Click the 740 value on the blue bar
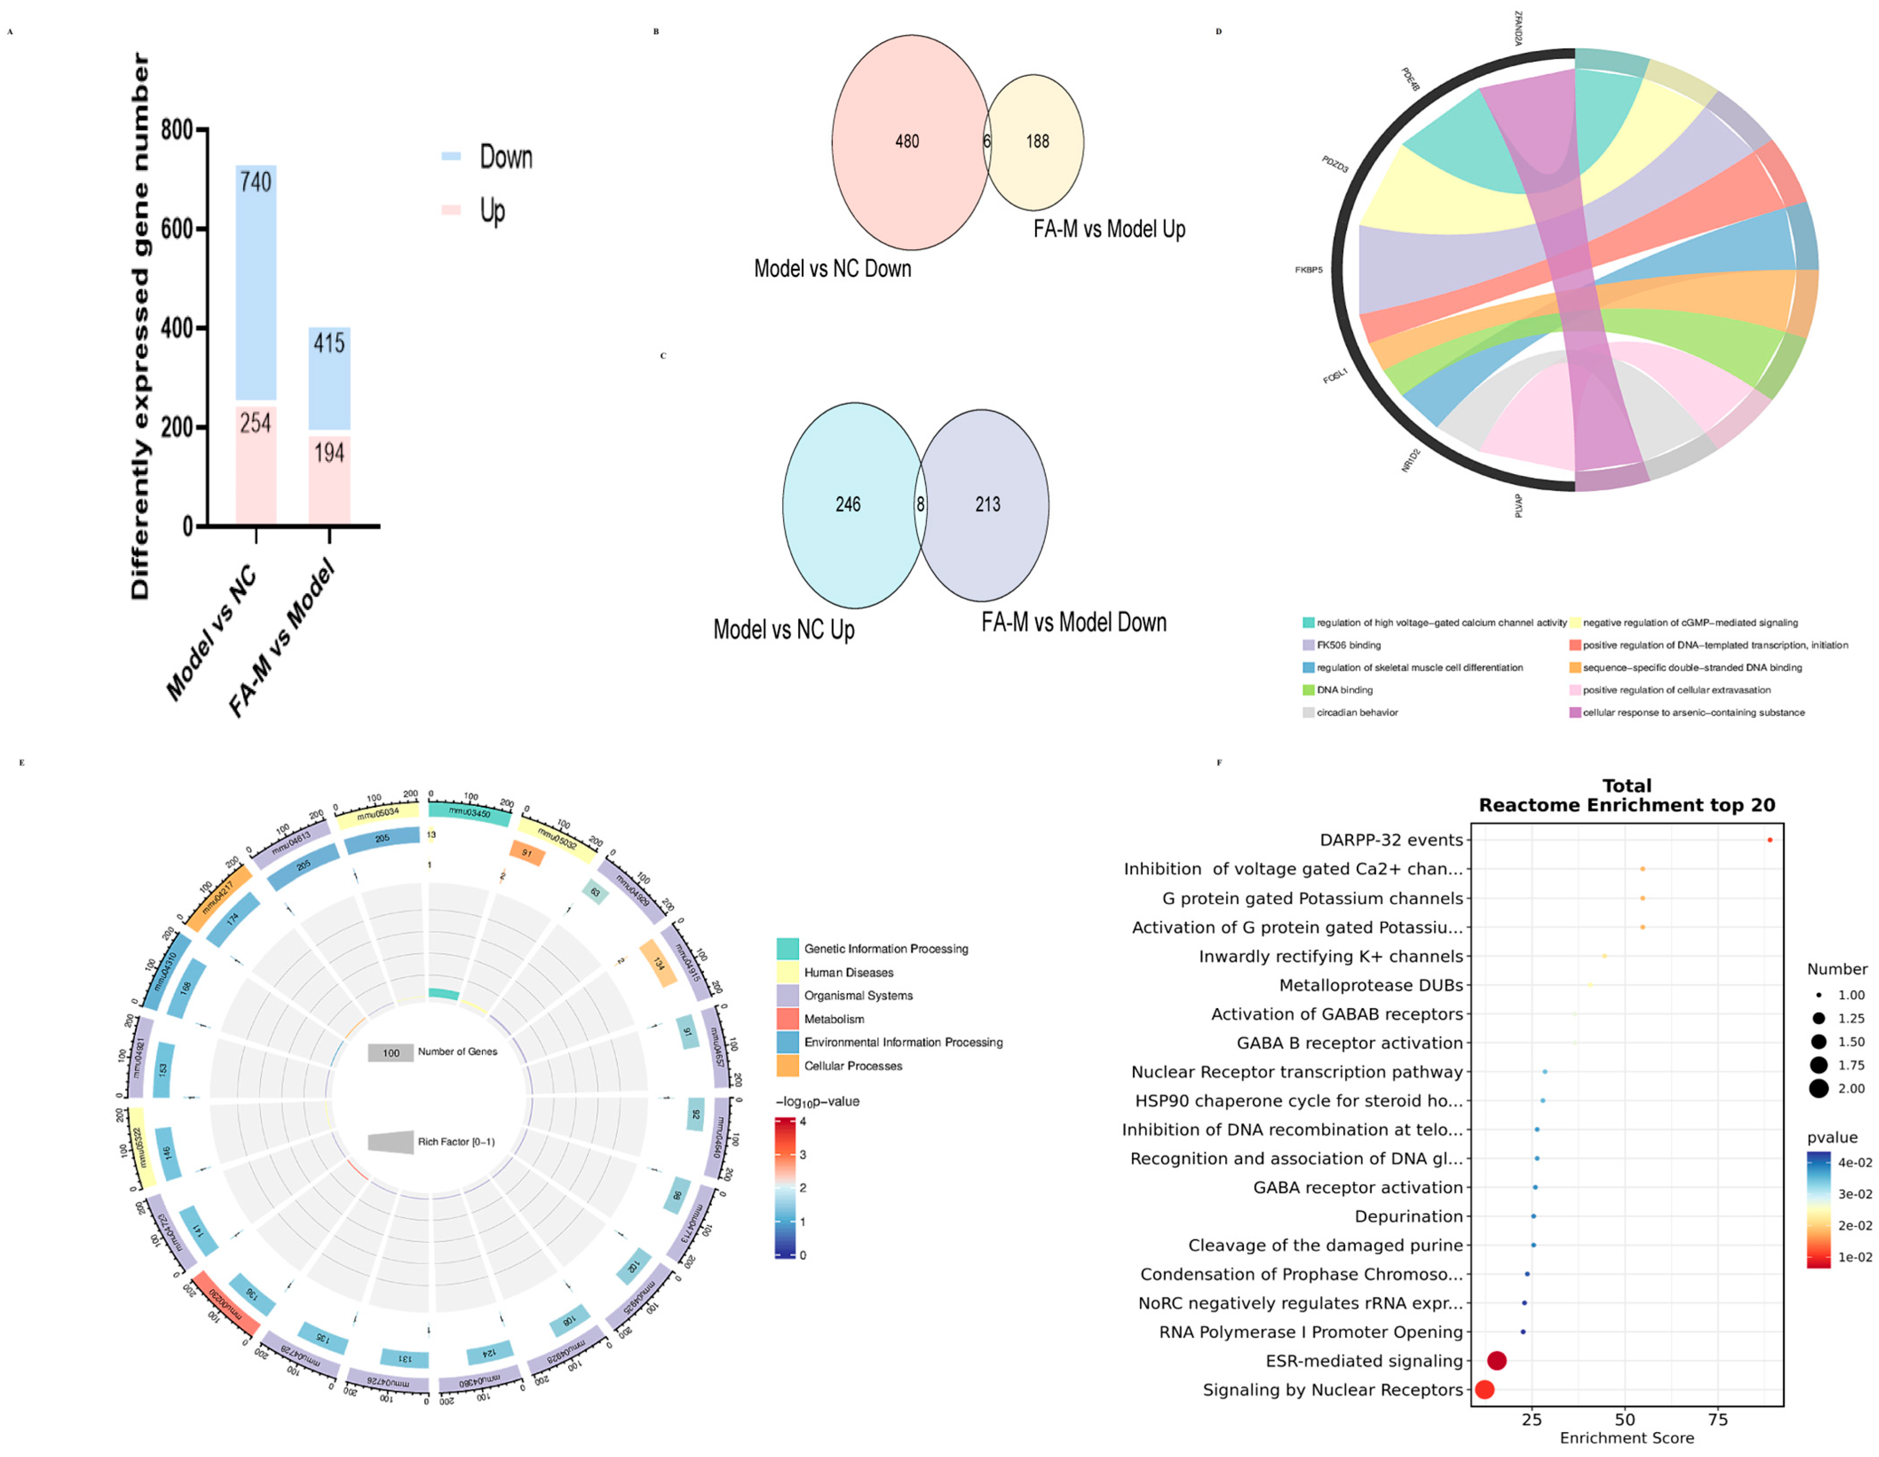pyautogui.click(x=256, y=182)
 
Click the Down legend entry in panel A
pyautogui.click(x=505, y=158)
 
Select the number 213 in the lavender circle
pyautogui.click(x=988, y=505)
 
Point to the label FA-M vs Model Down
pyautogui.click(x=1074, y=623)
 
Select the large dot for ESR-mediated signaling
pyautogui.click(x=1496, y=1361)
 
